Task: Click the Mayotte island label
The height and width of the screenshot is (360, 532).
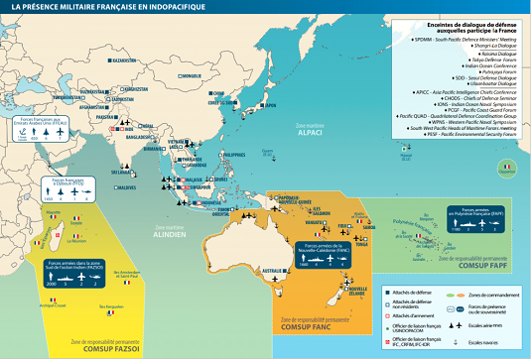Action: click(53, 211)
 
